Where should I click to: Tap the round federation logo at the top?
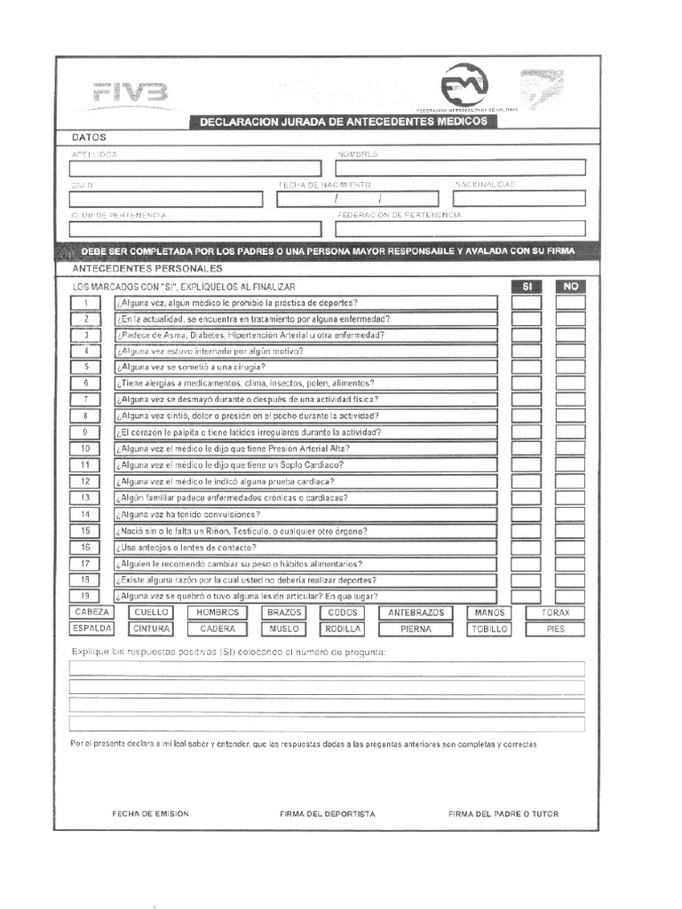click(464, 86)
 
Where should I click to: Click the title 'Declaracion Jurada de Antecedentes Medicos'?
click(343, 122)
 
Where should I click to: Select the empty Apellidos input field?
click(195, 168)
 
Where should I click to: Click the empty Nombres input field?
click(460, 167)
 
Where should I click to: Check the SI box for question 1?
click(526, 303)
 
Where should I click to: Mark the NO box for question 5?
click(570, 368)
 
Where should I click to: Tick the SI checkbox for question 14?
click(526, 515)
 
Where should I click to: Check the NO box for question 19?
click(570, 597)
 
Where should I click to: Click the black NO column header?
click(570, 287)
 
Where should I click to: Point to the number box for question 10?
click(86, 449)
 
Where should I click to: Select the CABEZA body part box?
click(92, 613)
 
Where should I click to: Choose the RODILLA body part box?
click(343, 628)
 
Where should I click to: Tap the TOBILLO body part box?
click(490, 628)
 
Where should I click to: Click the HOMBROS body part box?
click(218, 613)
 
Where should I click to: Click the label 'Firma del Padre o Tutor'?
click(504, 813)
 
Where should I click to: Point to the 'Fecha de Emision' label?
click(150, 813)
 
